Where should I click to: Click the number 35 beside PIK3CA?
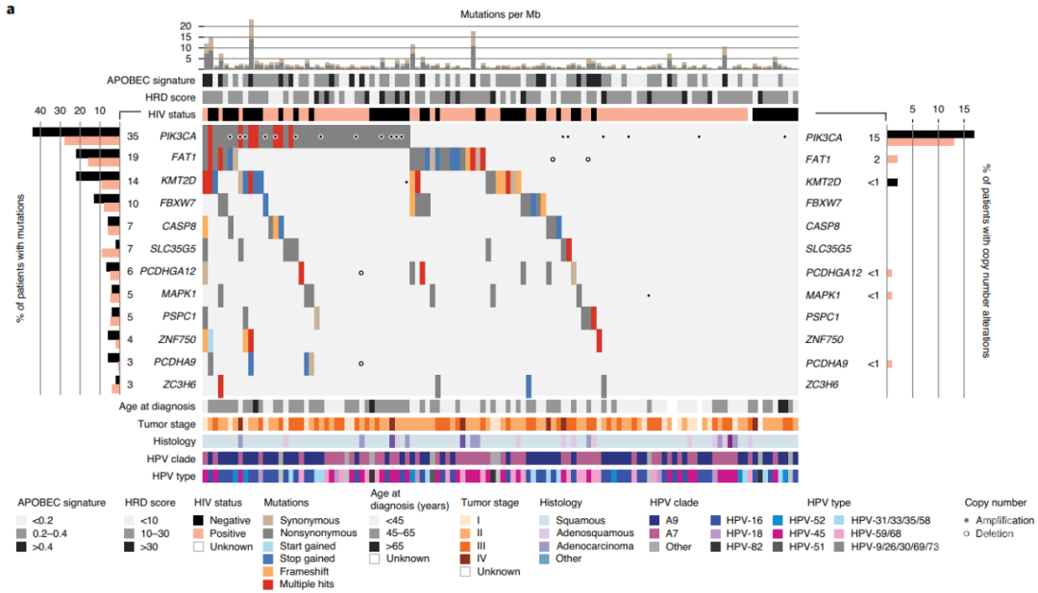134,136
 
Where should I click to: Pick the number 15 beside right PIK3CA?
875,136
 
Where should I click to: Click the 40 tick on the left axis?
40,111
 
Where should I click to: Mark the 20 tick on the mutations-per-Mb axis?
185,26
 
